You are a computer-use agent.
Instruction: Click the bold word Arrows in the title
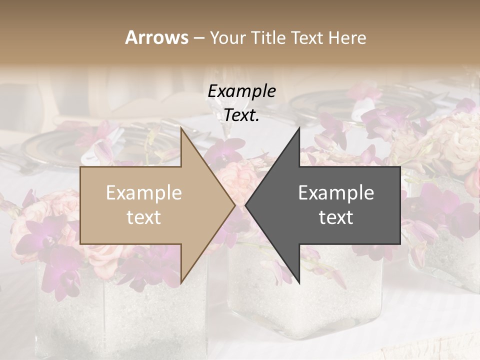tap(156, 37)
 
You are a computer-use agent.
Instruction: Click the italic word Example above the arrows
tap(241, 91)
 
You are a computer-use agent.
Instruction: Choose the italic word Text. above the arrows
tap(241, 115)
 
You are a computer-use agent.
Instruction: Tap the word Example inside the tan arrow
tap(144, 193)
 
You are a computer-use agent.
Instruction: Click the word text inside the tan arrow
tap(144, 217)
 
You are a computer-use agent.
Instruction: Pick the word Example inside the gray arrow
tap(336, 193)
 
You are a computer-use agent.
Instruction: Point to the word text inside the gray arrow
tap(336, 217)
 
